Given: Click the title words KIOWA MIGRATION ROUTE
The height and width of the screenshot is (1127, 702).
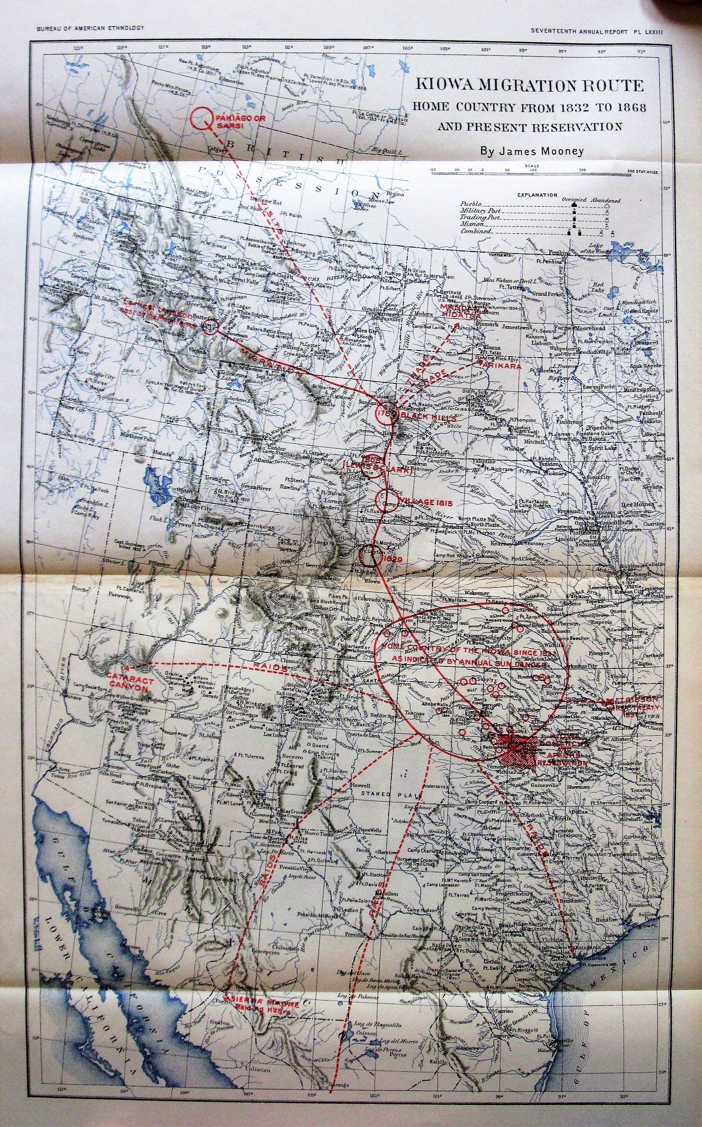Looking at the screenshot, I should point(530,86).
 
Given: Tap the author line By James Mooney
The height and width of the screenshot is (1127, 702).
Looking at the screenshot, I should point(529,151).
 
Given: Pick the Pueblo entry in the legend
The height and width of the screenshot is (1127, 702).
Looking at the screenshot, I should point(471,204).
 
